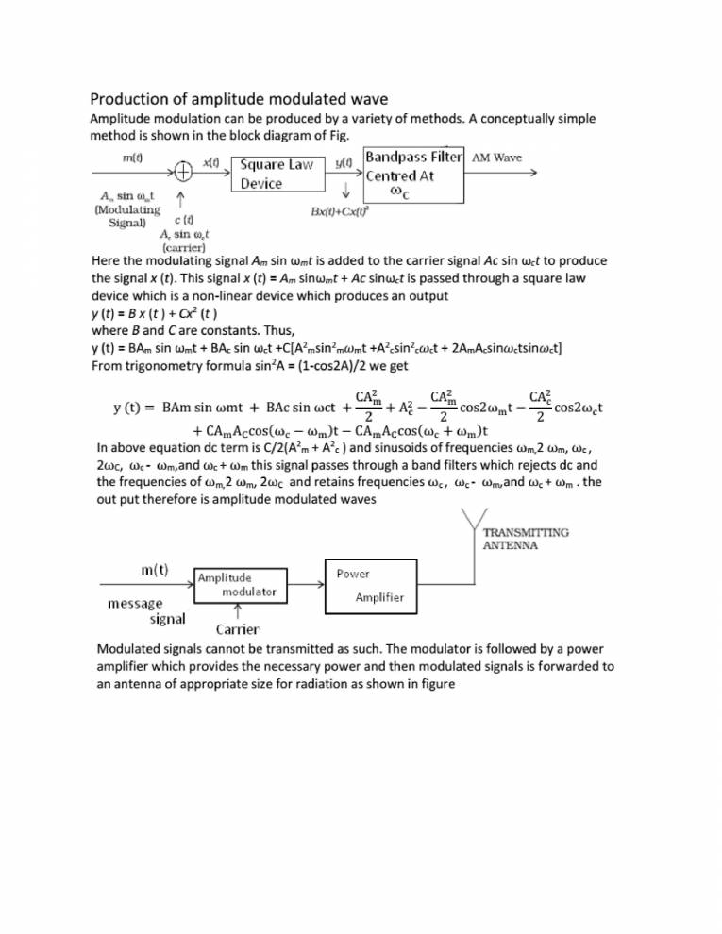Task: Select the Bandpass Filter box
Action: coord(412,175)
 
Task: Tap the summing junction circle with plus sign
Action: coord(181,171)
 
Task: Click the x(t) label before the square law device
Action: coord(211,161)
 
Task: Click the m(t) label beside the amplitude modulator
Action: coord(148,573)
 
